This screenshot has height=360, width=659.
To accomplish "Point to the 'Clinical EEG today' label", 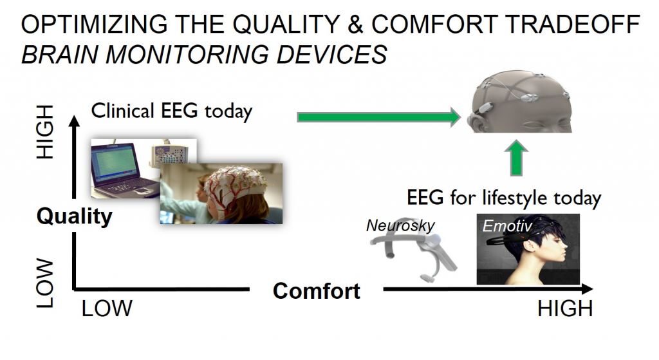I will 172,110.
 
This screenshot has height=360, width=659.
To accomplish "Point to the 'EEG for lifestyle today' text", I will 503,197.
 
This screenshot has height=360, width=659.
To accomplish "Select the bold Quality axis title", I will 74,216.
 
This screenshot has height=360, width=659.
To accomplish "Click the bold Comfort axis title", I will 316,291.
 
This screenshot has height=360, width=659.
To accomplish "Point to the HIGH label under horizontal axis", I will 564,309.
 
